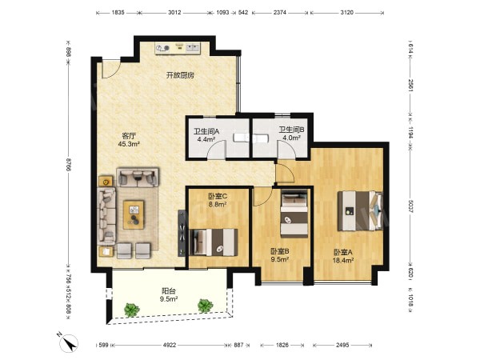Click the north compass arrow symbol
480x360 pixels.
tap(69, 342)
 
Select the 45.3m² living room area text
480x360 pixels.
tap(129, 144)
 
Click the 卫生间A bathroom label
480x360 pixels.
tap(206, 131)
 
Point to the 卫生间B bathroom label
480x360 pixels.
tap(291, 130)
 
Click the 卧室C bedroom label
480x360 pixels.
tap(218, 196)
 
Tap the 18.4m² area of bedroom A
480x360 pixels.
tap(343, 261)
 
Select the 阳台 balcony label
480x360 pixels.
tap(169, 291)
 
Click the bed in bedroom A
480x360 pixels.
tap(360, 210)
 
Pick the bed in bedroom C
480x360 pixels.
tap(214, 242)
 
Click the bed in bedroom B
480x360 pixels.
tap(294, 213)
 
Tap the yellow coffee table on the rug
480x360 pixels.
tap(134, 214)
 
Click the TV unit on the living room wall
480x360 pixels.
tap(182, 233)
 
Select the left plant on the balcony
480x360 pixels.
tap(132, 310)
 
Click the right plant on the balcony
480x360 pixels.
tap(205, 306)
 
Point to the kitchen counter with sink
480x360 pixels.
tap(178, 48)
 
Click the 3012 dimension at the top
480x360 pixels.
tap(174, 13)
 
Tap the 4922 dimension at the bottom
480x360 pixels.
tap(170, 345)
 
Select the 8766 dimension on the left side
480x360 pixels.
tap(68, 166)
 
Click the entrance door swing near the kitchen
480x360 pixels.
tap(111, 70)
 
